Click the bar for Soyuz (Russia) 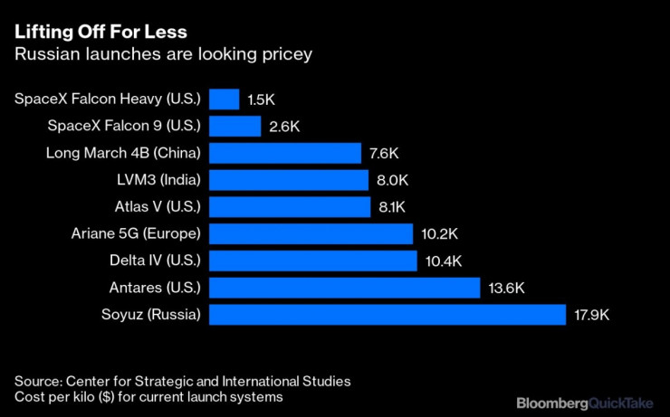387,315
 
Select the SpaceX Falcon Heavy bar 224,99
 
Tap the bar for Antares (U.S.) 344,288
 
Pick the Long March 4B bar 285,152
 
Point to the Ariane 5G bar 311,233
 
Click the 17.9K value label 593,316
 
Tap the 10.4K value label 442,261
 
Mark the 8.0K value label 393,180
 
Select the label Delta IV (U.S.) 154,261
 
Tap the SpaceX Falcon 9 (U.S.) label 125,125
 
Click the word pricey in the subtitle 287,54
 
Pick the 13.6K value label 505,289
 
